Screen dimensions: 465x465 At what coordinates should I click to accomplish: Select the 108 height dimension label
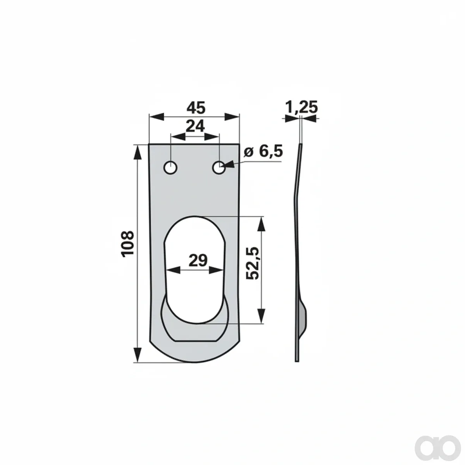point(127,244)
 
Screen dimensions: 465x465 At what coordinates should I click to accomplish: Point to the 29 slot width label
point(198,260)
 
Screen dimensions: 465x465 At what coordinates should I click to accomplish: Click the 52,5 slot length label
point(252,263)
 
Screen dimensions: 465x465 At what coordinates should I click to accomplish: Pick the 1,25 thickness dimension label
point(301,107)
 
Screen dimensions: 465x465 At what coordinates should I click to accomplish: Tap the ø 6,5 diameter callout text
point(263,151)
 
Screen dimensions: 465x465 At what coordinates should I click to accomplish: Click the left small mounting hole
point(170,167)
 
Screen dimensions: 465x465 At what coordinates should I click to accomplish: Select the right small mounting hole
point(219,167)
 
